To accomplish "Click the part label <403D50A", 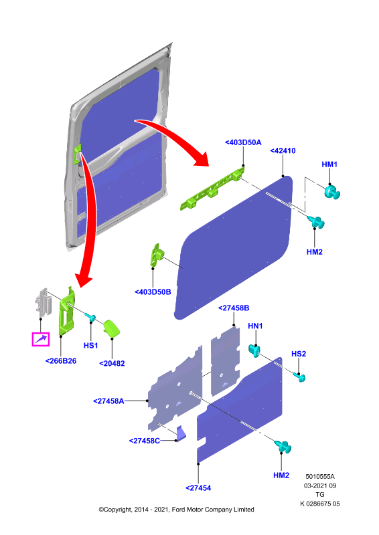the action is pos(243,142).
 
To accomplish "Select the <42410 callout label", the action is pos(283,150).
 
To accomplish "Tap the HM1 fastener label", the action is pos(329,164).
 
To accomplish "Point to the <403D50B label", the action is pos(153,292).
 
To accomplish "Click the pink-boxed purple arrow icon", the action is pos(41,339).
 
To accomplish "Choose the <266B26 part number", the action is pos(61,360).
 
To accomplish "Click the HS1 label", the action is pos(90,345).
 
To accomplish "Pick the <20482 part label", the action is pos(112,363).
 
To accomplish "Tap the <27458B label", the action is pos(234,308).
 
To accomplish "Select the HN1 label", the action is pos(255,326).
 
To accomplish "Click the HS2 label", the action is pos(299,354).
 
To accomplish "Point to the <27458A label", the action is pos(108,401).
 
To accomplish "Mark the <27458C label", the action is pos(145,441).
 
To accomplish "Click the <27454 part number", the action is pos(198,488).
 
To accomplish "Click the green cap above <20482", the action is pos(111,328).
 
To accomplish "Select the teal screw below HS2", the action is pos(299,377).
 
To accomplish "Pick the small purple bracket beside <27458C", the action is pos(181,432).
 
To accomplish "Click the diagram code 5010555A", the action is pos(320,476).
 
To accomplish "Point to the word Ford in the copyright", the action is pos(178,510).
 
